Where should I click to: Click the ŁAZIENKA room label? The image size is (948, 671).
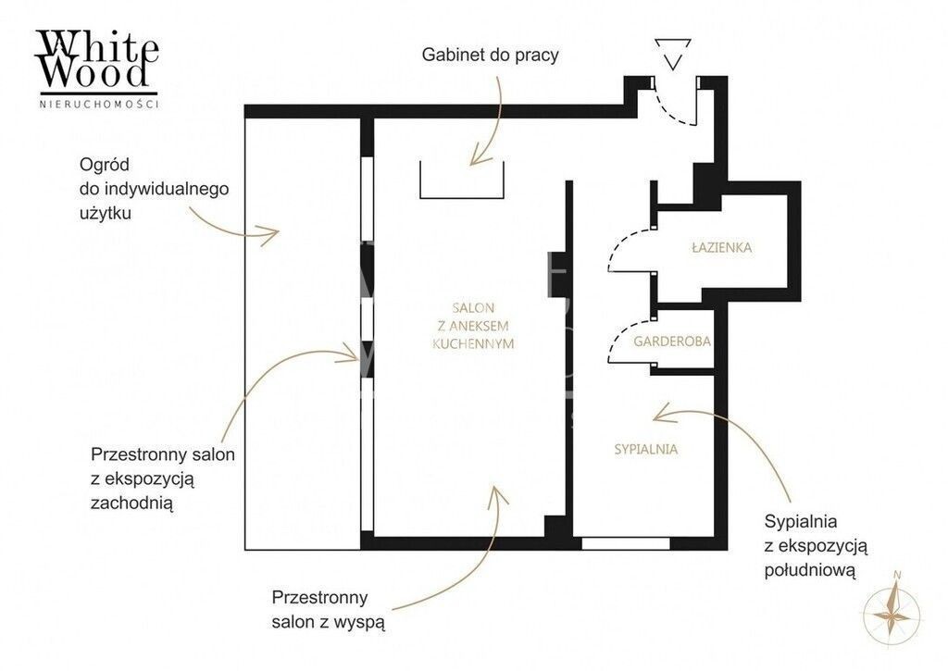[x=722, y=247]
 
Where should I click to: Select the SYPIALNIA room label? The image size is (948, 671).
[x=645, y=449]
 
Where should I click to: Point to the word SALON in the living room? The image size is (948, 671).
[x=473, y=307]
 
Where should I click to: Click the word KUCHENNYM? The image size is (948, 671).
[x=473, y=344]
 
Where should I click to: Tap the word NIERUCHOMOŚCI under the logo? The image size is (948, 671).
[x=98, y=104]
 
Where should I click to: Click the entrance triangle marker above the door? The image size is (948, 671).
[x=673, y=54]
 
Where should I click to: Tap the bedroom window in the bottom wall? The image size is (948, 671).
[x=626, y=543]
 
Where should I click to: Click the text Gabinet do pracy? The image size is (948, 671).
[x=491, y=55]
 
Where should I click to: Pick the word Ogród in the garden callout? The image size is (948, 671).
[x=105, y=165]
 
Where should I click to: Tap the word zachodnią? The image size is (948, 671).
[x=131, y=503]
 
